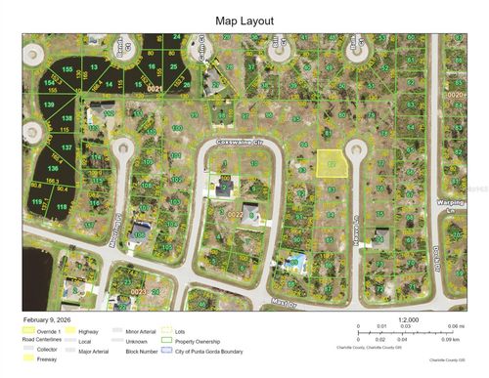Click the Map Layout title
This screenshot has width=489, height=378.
pyautogui.click(x=244, y=20)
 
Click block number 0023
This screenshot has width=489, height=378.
pyautogui.click(x=138, y=291)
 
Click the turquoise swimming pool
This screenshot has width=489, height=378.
pyautogui.click(x=292, y=261)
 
